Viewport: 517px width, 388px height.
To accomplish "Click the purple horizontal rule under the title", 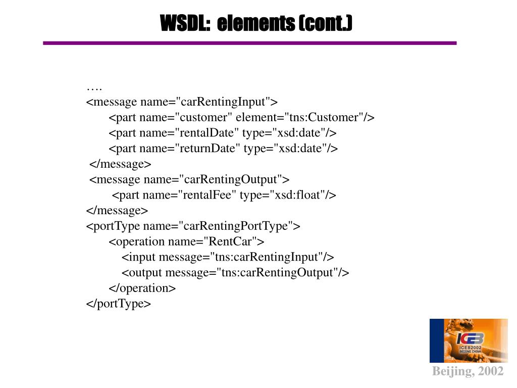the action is (250, 43).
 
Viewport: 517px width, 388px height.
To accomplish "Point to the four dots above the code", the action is (94, 87).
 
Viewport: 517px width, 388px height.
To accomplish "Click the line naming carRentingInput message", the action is (182, 102).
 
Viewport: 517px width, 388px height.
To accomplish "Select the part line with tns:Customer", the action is (241, 118).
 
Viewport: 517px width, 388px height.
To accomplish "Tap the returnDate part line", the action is (223, 149).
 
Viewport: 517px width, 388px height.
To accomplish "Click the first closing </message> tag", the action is (120, 164).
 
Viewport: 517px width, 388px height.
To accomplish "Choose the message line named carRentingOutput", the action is (189, 179).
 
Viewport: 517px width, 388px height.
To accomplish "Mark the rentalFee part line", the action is (224, 195).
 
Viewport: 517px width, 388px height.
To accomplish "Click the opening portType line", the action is (193, 226).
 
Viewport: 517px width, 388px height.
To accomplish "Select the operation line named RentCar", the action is (186, 241).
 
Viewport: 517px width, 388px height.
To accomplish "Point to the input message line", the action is (228, 257).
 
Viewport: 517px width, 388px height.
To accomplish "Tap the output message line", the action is (235, 273).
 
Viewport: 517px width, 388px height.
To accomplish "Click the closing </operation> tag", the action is (142, 288).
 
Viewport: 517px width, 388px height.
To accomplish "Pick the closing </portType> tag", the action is (119, 304).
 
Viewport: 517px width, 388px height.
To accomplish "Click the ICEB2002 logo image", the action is (469, 341).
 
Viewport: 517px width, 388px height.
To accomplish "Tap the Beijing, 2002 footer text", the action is (468, 372).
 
